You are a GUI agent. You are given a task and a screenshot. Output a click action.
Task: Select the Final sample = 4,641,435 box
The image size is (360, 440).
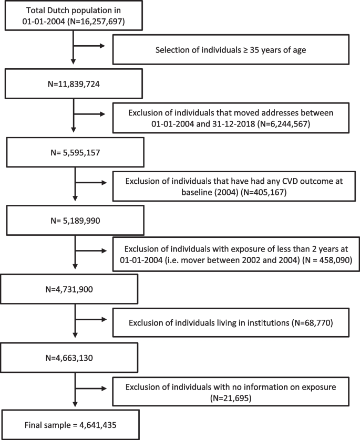click(74, 425)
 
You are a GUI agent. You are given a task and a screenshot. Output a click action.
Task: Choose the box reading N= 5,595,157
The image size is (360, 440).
click(74, 152)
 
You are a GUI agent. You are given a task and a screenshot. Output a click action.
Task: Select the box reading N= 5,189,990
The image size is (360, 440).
click(74, 221)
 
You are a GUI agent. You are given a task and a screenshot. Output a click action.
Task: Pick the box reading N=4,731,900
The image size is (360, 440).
click(74, 289)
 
